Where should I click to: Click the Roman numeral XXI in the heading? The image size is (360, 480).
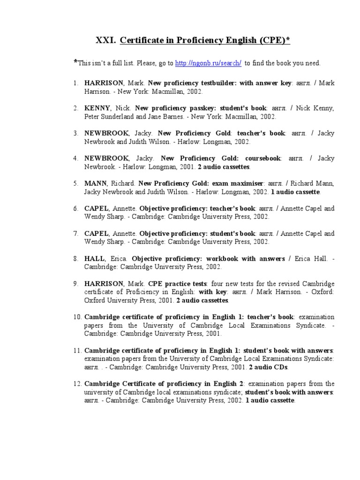tap(105, 41)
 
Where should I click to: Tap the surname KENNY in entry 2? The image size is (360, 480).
tap(97, 108)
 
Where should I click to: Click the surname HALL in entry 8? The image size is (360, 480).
tap(95, 259)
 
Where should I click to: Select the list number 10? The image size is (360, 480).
tap(77, 317)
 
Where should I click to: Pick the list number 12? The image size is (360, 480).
tap(77, 383)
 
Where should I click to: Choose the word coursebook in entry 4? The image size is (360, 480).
tap(259, 158)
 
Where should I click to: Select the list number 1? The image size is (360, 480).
tap(75, 83)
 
